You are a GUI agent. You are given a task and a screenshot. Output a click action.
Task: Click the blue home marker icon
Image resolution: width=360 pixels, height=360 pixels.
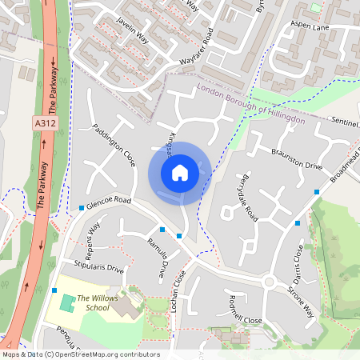pos(180,172)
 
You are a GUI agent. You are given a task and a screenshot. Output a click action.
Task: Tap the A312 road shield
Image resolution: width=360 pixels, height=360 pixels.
pos(46,122)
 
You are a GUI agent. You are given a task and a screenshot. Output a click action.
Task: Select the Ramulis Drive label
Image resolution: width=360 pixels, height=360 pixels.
pos(158,258)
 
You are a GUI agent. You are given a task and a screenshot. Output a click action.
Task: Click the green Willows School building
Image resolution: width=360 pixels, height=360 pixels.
pos(66,304)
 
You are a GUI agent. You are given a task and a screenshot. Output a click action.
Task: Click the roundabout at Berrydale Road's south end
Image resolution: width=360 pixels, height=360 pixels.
pos(269,282)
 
